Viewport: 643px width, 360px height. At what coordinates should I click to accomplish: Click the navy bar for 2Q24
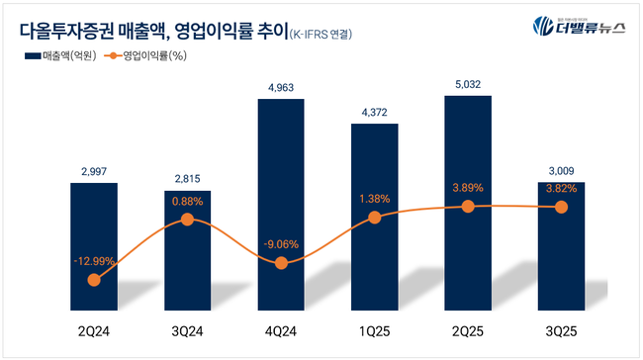pyautogui.click(x=94, y=247)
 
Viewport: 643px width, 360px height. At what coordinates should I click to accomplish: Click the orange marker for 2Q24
pyautogui.click(x=94, y=280)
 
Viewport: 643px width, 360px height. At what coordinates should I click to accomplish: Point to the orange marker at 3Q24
pyautogui.click(x=188, y=220)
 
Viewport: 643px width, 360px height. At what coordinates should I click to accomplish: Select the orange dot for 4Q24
pyautogui.click(x=281, y=263)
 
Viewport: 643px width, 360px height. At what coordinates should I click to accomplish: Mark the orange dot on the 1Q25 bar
pyautogui.click(x=375, y=217)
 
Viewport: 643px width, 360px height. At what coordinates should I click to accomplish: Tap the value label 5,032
pyautogui.click(x=468, y=85)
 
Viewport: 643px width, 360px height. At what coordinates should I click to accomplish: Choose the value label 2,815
pyautogui.click(x=188, y=179)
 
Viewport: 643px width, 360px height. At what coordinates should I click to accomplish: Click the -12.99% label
pyautogui.click(x=94, y=260)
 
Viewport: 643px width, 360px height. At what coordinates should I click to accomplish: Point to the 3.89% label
pyautogui.click(x=468, y=187)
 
